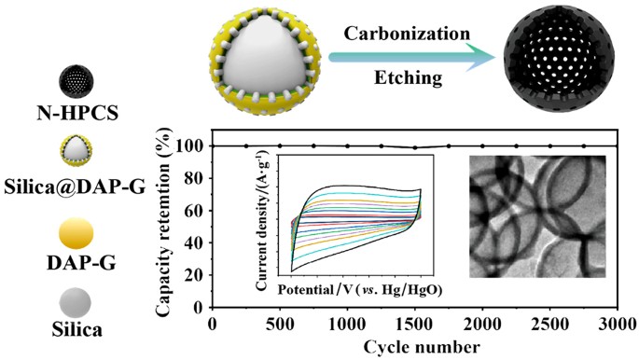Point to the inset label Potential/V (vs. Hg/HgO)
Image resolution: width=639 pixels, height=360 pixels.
tap(359, 289)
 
